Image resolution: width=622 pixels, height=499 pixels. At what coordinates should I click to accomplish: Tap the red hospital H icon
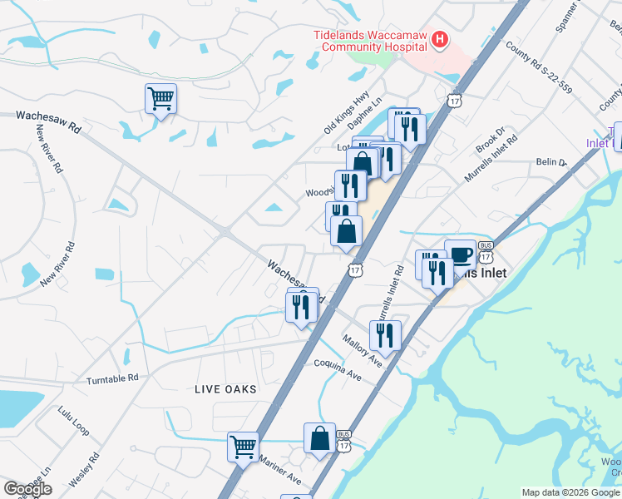click(x=440, y=38)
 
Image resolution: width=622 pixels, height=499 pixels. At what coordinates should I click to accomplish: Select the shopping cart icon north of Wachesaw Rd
click(x=160, y=98)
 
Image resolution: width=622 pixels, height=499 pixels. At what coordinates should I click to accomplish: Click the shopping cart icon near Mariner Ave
click(x=243, y=446)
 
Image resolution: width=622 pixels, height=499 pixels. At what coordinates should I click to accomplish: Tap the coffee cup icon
click(x=460, y=254)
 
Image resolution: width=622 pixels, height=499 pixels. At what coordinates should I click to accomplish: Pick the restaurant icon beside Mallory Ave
click(x=385, y=334)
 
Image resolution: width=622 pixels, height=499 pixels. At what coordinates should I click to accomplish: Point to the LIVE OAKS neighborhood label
click(x=225, y=389)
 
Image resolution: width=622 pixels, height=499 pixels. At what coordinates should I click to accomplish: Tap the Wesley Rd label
click(x=84, y=469)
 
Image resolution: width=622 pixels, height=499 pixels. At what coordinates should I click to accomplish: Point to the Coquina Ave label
click(x=338, y=369)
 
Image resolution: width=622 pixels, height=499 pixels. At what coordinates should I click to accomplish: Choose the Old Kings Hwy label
click(x=346, y=115)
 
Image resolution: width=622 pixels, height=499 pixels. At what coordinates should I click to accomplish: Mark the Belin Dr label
click(x=550, y=162)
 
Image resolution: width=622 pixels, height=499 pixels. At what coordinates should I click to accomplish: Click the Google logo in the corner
click(x=27, y=489)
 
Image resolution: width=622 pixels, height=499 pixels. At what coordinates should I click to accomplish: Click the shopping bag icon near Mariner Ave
click(x=319, y=437)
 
